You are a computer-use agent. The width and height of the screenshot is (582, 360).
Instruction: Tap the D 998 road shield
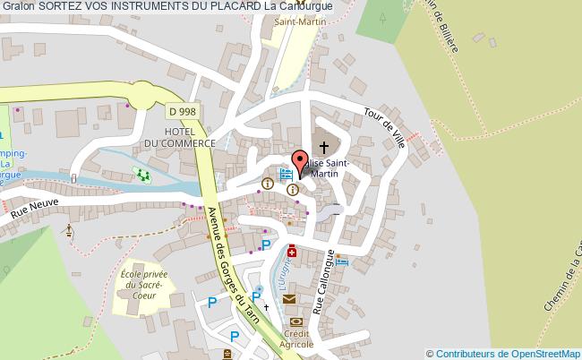(182, 111)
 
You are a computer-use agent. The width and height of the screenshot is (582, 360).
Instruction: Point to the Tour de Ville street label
(385, 128)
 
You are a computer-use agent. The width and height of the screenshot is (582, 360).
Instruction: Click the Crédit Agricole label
(295, 339)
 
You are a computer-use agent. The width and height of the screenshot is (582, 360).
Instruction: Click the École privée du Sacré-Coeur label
(140, 282)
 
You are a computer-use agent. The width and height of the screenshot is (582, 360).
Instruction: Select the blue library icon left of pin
(286, 175)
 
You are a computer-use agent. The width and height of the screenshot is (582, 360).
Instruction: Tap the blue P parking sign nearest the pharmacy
(265, 244)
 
